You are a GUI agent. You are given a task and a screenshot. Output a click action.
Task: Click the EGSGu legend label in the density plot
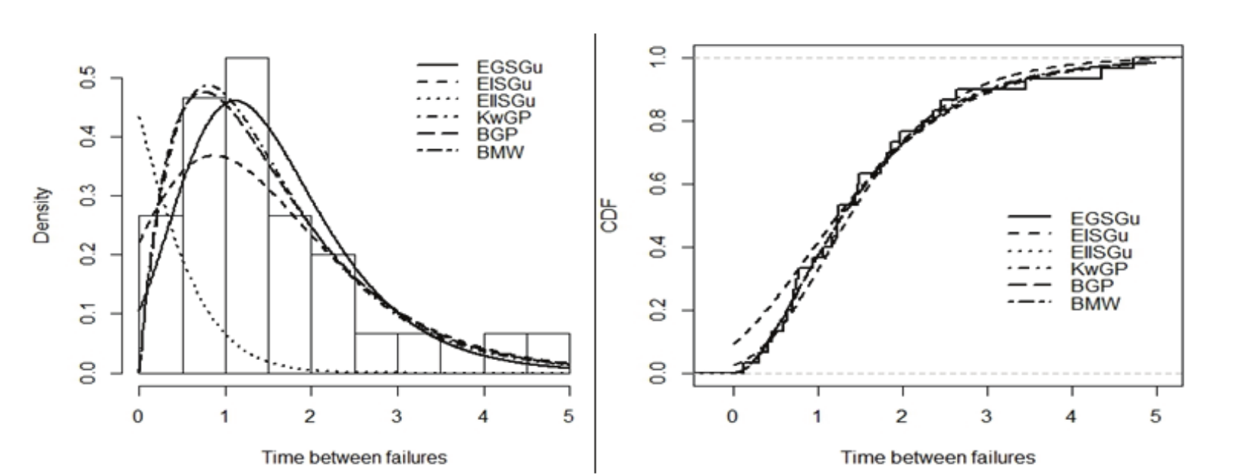click(509, 67)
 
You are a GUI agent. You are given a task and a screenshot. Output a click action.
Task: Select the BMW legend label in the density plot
click(500, 152)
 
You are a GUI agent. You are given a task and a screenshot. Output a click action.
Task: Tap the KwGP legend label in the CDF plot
click(1099, 269)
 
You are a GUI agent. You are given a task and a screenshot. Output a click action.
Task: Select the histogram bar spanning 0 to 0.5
click(160, 296)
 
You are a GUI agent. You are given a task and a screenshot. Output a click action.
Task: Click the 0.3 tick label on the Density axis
click(89, 196)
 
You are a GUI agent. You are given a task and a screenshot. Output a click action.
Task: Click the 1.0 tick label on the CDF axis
click(658, 58)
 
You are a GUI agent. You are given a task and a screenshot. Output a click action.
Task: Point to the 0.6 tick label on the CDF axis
click(658, 184)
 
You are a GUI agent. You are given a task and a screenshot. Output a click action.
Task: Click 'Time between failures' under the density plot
click(354, 457)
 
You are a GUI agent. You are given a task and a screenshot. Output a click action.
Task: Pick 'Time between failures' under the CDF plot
click(937, 457)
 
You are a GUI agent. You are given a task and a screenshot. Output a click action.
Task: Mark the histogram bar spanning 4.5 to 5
click(548, 353)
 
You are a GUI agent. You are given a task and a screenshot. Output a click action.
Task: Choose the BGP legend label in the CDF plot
click(1092, 287)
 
